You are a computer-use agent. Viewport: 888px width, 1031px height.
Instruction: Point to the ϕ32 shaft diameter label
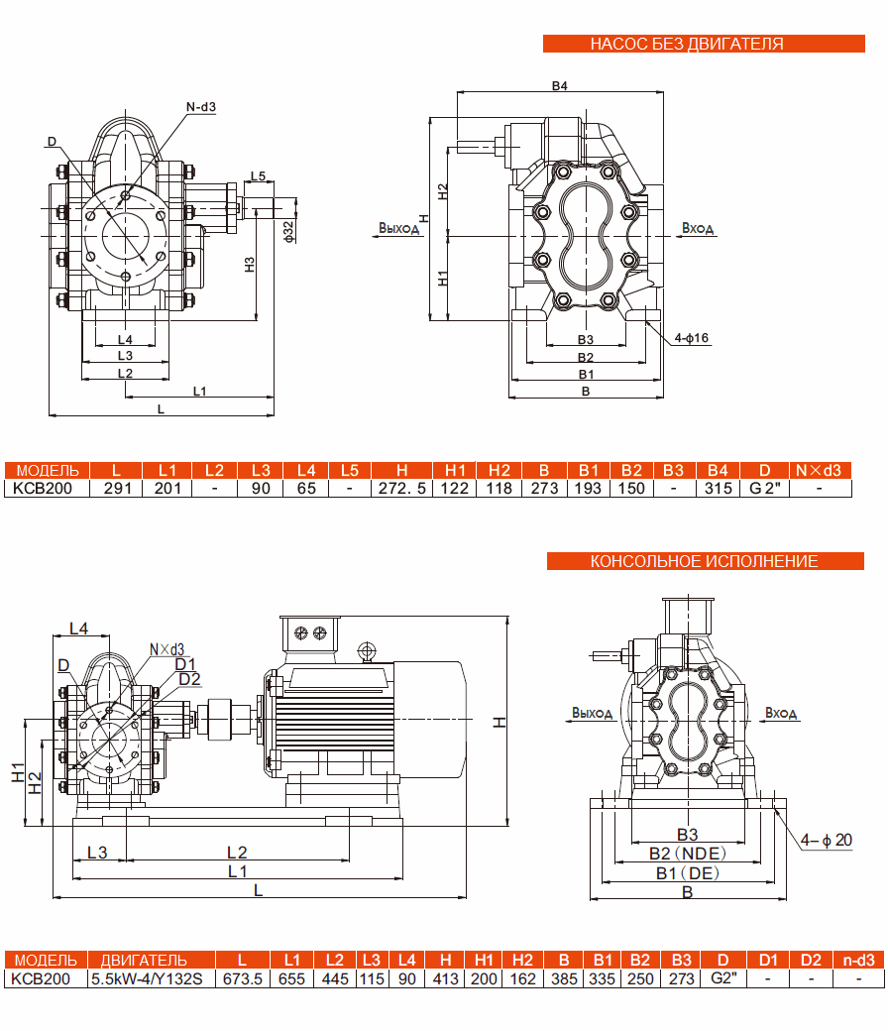point(288,230)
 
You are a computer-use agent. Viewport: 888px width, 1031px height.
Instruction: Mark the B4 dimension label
point(559,86)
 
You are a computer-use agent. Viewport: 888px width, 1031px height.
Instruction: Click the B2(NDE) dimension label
point(687,853)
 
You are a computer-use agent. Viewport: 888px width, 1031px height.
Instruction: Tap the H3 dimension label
point(250,265)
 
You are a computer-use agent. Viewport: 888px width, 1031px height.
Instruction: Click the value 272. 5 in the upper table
point(402,488)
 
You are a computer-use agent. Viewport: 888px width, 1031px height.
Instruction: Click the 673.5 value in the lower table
point(243,978)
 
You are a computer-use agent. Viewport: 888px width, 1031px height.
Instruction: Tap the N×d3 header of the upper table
point(820,470)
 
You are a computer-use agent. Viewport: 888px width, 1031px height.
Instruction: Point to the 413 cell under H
point(445,978)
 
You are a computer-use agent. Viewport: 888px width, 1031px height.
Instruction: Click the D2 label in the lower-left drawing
point(189,678)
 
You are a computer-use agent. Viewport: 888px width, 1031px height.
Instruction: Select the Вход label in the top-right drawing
point(698,228)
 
